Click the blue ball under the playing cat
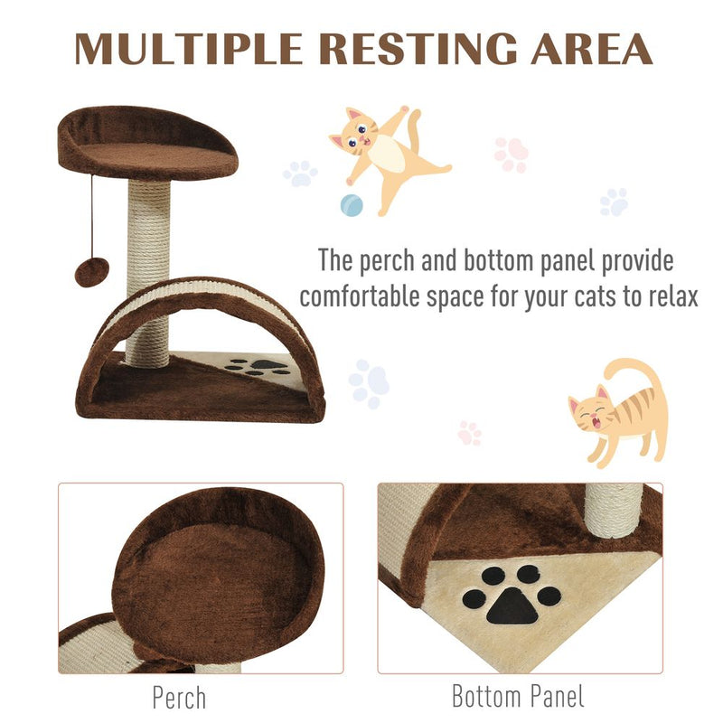coord(351,205)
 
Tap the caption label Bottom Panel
coord(518,698)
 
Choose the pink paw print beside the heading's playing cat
coord(512,155)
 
